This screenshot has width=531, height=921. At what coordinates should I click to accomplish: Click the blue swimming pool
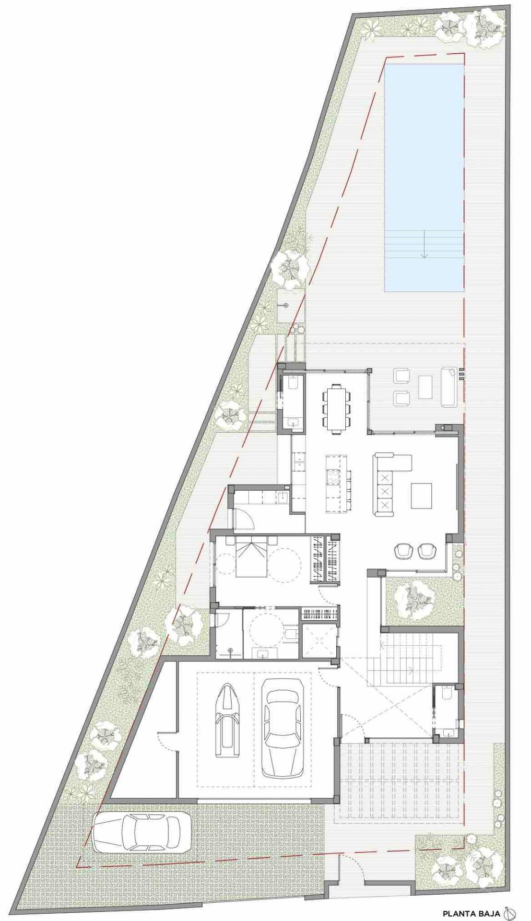424,178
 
